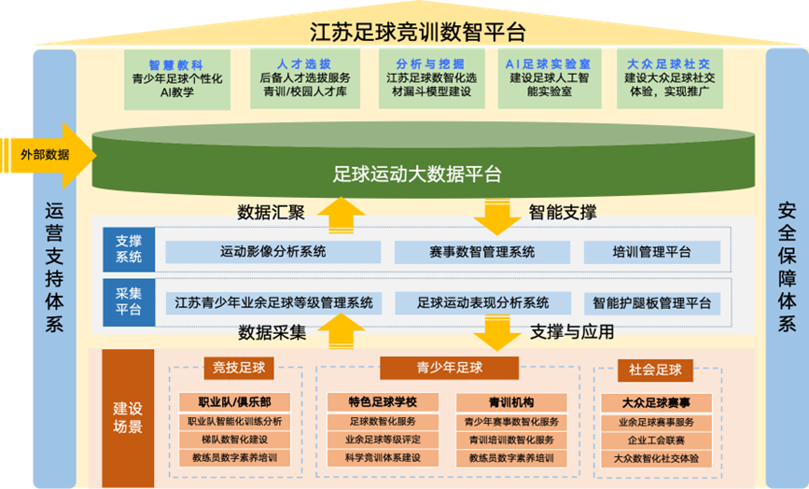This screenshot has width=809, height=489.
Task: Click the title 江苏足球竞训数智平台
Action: (417, 32)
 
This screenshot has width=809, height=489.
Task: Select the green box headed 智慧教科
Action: (177, 79)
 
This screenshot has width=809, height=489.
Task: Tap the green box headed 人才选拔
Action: (305, 78)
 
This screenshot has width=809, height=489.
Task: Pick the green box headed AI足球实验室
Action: (549, 78)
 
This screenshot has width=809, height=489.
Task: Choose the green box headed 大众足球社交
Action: (670, 78)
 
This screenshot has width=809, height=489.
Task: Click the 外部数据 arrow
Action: (48, 155)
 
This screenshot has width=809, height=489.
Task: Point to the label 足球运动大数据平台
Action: (417, 174)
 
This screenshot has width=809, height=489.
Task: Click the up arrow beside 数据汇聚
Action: (341, 215)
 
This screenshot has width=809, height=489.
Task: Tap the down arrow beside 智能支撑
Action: (496, 217)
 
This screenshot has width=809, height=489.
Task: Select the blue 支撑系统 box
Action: (129, 249)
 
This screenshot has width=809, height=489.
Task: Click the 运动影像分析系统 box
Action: (273, 252)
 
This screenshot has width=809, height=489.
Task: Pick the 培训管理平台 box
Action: (651, 252)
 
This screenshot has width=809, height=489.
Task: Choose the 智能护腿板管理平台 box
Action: (651, 303)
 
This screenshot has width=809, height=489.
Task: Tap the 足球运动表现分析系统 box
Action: (483, 302)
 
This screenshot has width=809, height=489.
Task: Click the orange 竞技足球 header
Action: (239, 368)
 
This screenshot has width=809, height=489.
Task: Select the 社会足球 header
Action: (655, 370)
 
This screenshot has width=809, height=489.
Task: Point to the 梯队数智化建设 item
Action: (235, 440)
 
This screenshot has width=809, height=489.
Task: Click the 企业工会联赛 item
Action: (656, 440)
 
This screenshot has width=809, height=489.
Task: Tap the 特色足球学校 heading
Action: (383, 402)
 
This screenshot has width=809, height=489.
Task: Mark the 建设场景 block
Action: (128, 418)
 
